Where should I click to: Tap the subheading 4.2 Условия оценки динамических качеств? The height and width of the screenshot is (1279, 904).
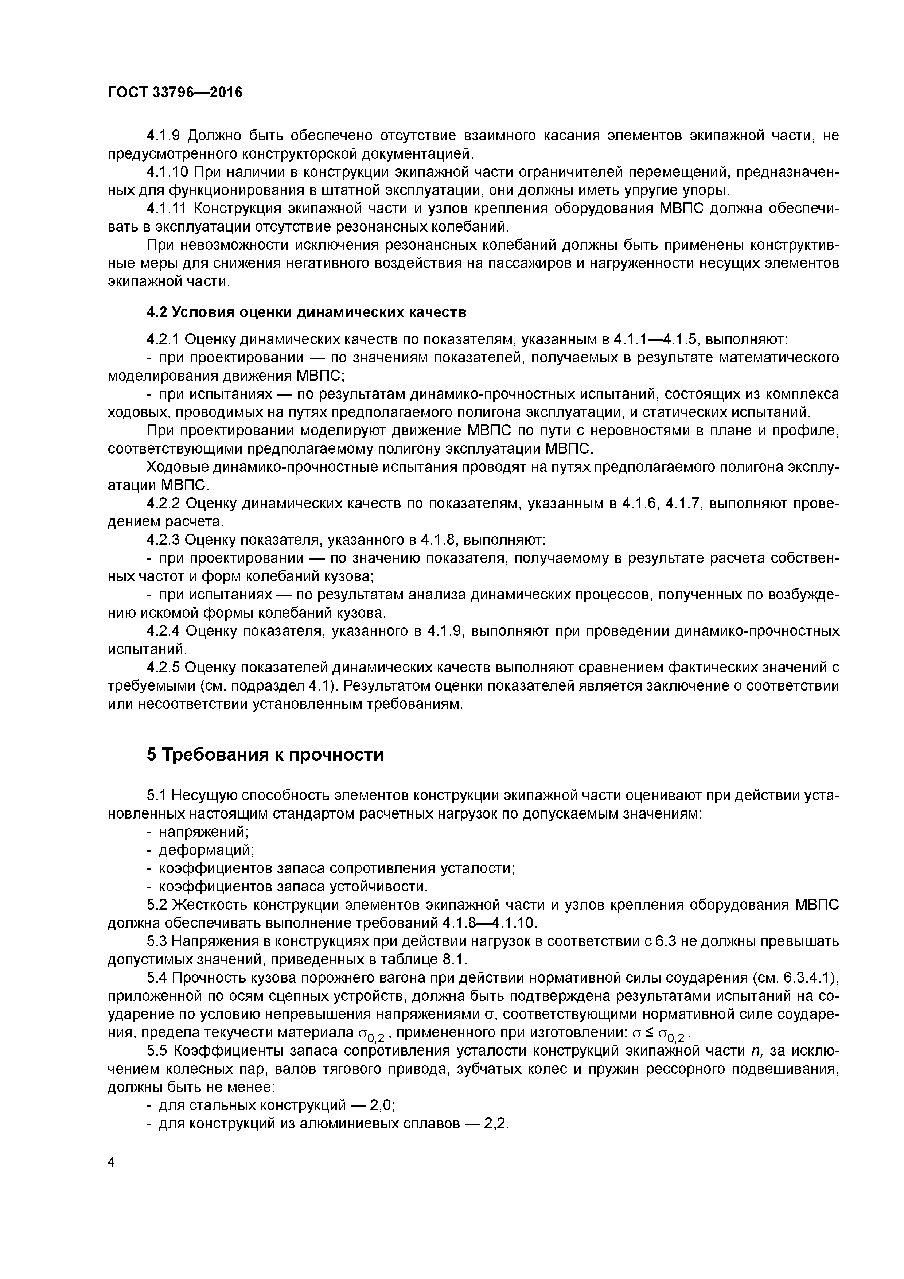point(306,312)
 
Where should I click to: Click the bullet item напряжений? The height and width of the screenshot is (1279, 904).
point(204,832)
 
